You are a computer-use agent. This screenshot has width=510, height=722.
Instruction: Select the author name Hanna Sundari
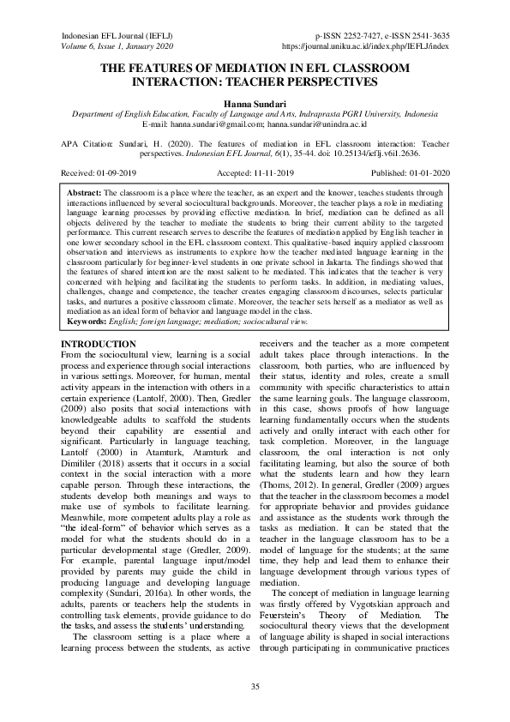(x=255, y=102)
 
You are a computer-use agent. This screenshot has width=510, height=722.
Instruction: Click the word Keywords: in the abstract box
(x=89, y=322)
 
